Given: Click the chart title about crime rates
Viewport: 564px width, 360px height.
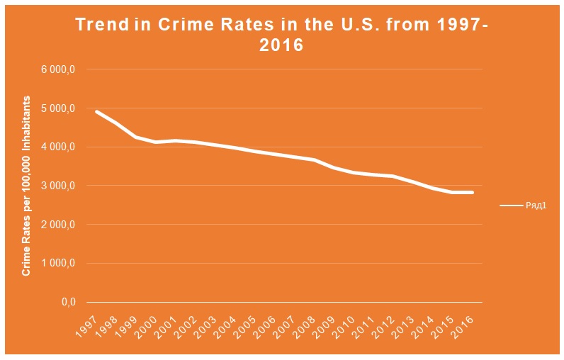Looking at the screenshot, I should [x=282, y=35].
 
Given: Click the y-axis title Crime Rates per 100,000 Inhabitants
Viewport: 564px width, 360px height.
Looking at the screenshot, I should [x=26, y=185].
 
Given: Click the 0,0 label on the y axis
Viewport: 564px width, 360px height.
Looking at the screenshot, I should [x=68, y=303].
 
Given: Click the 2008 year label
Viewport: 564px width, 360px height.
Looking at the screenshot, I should [x=305, y=324].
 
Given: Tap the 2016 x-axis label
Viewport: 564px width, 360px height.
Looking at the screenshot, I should [x=464, y=324].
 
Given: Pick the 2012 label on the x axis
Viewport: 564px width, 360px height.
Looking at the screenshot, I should [x=385, y=324].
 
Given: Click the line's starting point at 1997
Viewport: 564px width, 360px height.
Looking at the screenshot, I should [x=96, y=111].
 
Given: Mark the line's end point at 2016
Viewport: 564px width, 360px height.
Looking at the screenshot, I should [x=473, y=193].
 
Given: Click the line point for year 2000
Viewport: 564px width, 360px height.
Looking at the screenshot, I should [x=156, y=142].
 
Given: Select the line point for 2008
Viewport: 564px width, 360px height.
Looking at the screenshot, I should [x=314, y=160].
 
